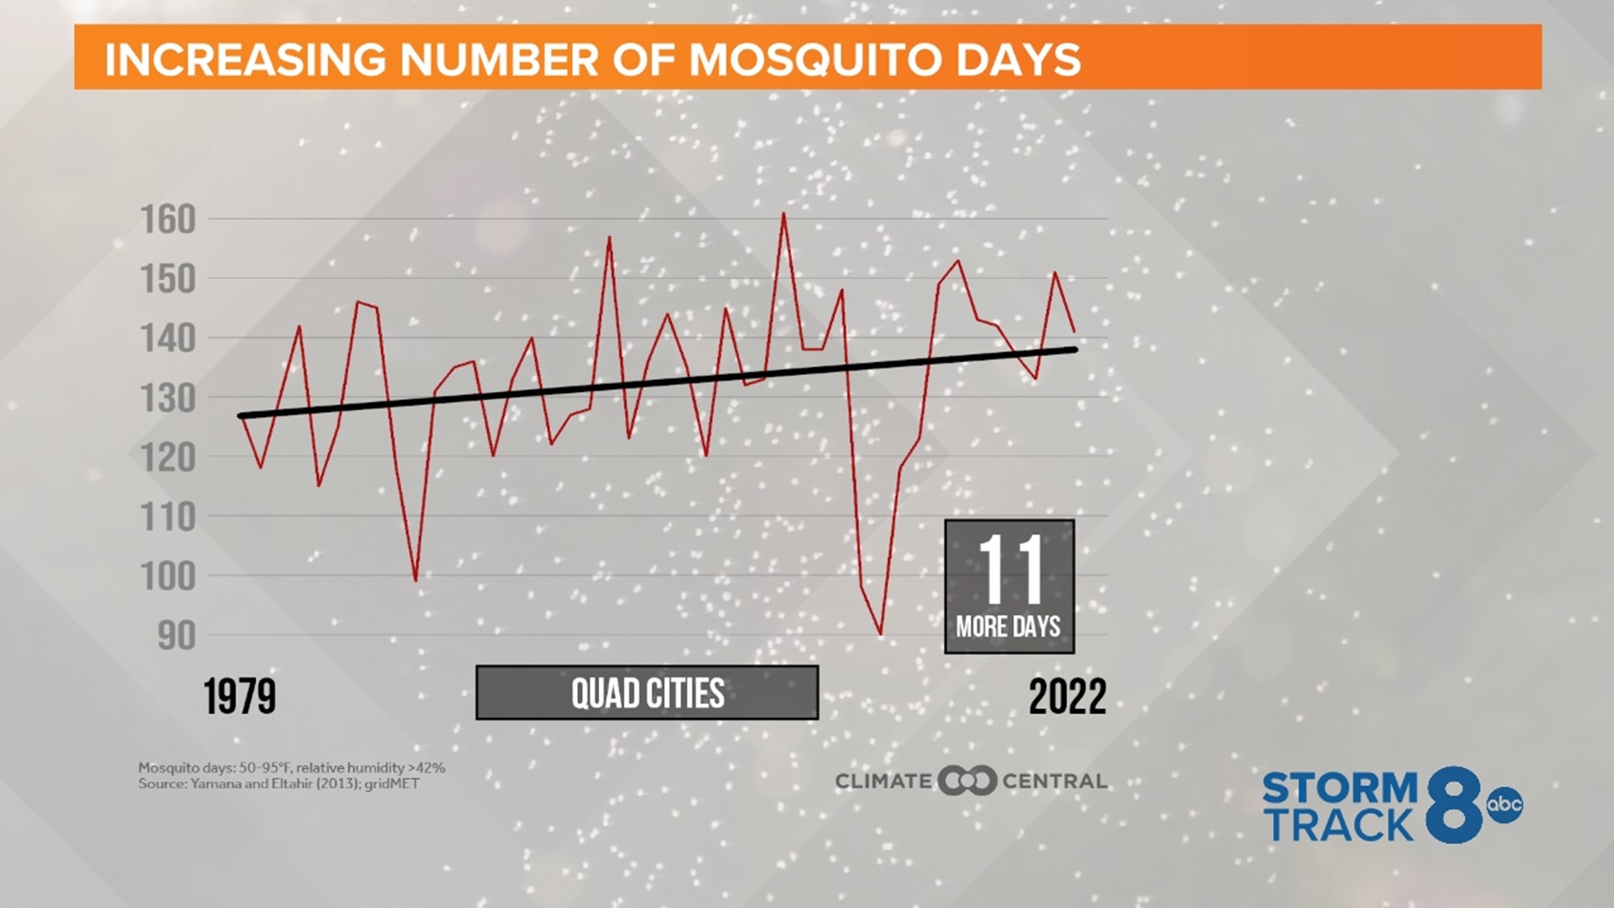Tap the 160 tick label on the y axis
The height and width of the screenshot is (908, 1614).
pyautogui.click(x=167, y=219)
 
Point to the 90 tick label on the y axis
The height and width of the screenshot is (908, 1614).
pyautogui.click(x=176, y=636)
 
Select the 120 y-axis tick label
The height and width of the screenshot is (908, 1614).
pyautogui.click(x=167, y=458)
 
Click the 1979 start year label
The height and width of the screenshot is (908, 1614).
pyautogui.click(x=240, y=697)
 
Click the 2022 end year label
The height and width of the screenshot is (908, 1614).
pyautogui.click(x=1067, y=697)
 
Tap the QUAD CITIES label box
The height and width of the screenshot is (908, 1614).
pyautogui.click(x=646, y=693)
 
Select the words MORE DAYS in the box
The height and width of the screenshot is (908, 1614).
pyautogui.click(x=1008, y=627)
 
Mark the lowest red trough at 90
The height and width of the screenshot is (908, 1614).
pyautogui.click(x=880, y=634)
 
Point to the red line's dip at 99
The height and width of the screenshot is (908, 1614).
pyautogui.click(x=415, y=580)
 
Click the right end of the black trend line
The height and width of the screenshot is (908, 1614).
pyautogui.click(x=1075, y=349)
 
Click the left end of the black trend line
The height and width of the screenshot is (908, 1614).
pyautogui.click(x=240, y=415)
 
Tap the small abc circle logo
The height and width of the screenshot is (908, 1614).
pyautogui.click(x=1504, y=805)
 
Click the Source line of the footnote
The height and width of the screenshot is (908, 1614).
pyautogui.click(x=278, y=784)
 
